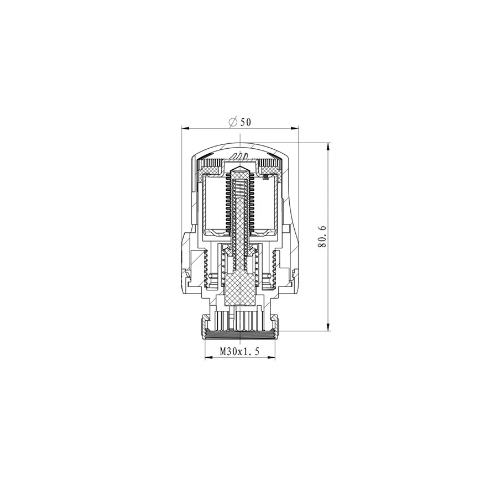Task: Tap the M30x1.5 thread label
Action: (239, 351)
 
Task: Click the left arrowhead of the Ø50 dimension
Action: (185, 128)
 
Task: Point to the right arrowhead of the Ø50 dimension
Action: (297, 128)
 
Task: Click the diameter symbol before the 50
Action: (232, 122)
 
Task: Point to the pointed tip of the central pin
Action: (240, 166)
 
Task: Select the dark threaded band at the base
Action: (240, 334)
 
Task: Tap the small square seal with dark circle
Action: (265, 177)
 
